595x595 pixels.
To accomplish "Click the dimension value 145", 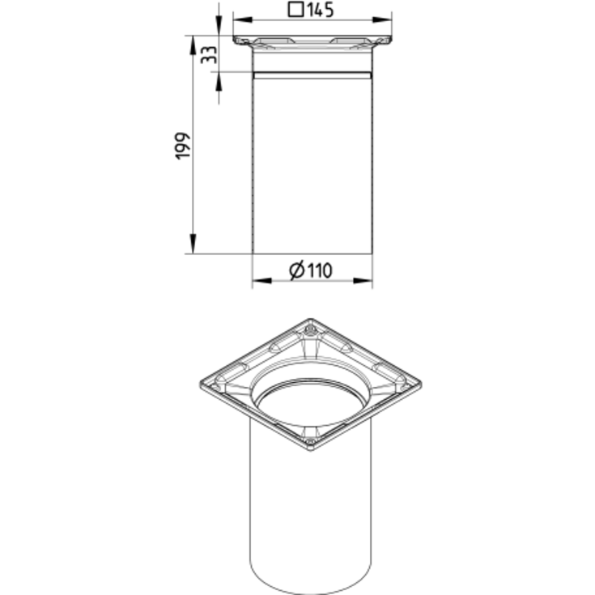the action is pos(321,10).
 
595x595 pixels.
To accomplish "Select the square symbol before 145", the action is pos(296,10).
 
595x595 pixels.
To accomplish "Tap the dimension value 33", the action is pos(209,55).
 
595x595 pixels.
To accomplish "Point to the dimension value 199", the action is pos(183,146).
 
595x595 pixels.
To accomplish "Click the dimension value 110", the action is pos(319,270).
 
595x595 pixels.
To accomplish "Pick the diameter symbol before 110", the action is pos(297,270).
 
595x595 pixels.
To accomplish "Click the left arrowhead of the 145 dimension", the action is pos(243,19).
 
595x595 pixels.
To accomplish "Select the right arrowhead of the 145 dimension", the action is pos(382,19).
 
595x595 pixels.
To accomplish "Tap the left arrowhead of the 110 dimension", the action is pos(262,281).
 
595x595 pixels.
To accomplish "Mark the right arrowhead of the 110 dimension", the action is pos(363,281).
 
